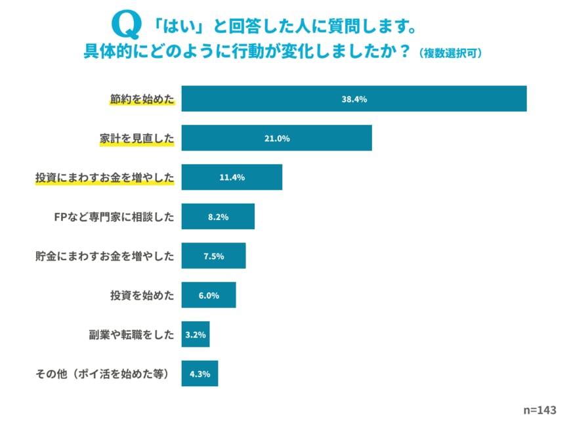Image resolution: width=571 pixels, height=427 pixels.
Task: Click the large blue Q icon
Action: (127, 25)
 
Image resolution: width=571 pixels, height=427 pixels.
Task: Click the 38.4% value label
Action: (354, 99)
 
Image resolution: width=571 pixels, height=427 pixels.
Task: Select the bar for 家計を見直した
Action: (276, 138)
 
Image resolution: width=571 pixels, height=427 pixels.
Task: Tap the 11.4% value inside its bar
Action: (232, 177)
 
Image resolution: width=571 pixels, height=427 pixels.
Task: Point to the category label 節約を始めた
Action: (142, 99)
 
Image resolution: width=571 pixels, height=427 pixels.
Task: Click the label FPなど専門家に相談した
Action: (114, 217)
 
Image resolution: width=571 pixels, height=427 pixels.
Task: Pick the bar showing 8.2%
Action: (217, 217)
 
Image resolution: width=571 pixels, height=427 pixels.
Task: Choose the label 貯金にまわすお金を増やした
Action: (104, 256)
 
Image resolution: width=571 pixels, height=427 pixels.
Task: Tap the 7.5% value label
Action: (213, 256)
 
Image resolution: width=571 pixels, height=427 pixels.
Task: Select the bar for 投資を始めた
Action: (208, 296)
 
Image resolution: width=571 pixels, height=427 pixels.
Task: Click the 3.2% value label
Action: (196, 334)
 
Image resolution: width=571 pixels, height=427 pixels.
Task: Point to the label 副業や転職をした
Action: (132, 334)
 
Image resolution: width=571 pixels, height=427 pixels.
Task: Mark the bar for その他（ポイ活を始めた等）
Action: (200, 373)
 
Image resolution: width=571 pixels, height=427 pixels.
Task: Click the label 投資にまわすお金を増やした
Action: (104, 178)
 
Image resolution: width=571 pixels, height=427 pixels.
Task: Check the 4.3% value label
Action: (200, 374)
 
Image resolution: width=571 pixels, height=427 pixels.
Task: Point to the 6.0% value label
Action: (208, 296)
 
